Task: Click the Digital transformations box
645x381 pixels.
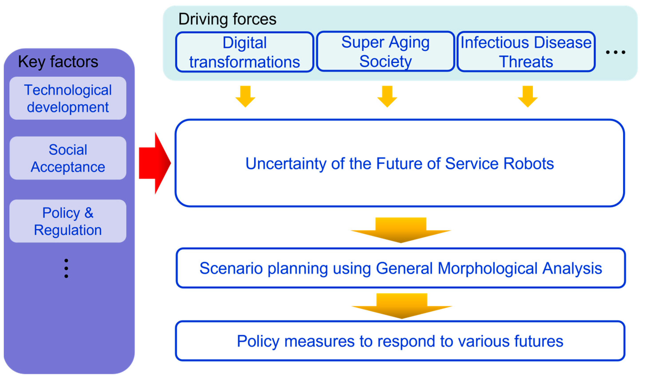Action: tap(244, 52)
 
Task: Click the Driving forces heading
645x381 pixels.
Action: tap(227, 19)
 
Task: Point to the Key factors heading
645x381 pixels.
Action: tap(58, 62)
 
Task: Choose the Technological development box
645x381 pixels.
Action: tap(68, 98)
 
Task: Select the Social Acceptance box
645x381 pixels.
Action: tap(68, 158)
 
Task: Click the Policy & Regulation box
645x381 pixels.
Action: tap(68, 221)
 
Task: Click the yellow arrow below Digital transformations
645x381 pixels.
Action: tap(245, 97)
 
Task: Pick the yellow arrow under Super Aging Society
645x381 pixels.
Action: tap(387, 97)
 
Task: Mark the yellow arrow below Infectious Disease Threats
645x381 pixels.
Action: tap(527, 97)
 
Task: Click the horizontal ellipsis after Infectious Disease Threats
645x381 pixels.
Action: tap(615, 52)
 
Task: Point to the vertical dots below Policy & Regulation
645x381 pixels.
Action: tap(66, 268)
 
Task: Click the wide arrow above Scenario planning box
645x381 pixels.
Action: tap(401, 230)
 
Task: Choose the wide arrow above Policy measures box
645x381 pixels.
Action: tap(402, 306)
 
